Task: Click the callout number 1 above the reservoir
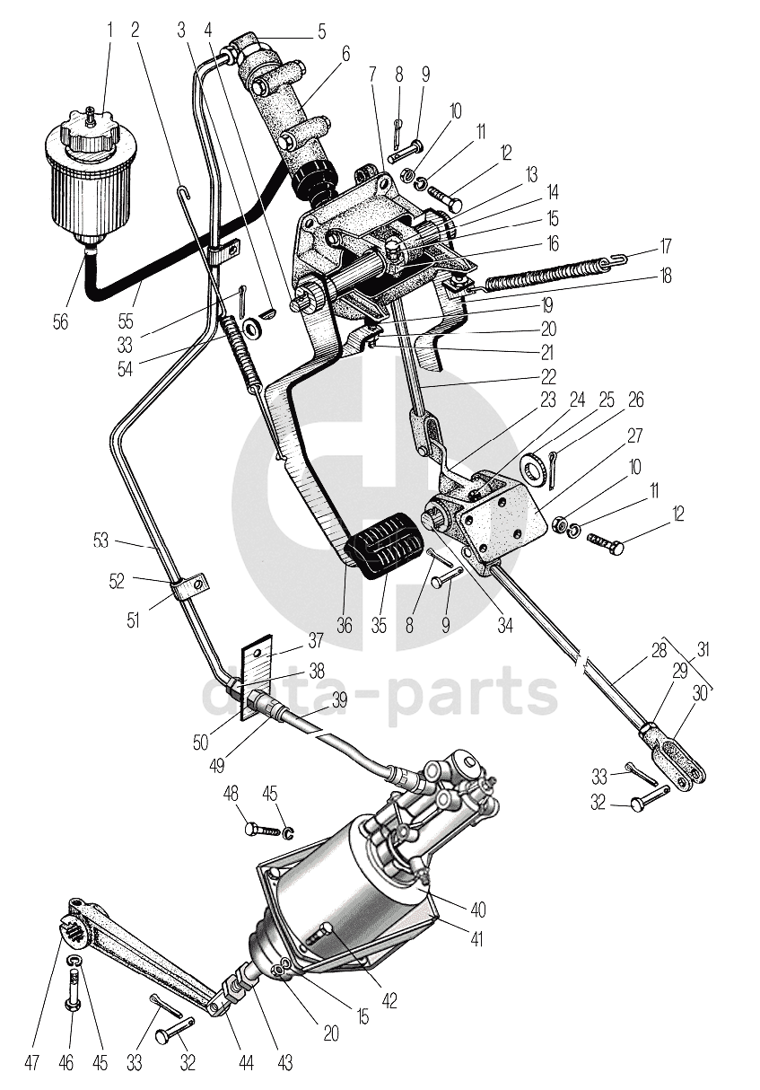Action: coord(109,31)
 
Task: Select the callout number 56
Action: coord(61,321)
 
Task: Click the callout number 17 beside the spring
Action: coord(665,247)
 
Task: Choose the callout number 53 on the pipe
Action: coord(101,541)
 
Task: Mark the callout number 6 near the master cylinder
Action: coord(345,55)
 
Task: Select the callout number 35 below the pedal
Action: coord(379,625)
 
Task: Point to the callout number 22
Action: coord(548,376)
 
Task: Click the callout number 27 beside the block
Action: coord(635,435)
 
